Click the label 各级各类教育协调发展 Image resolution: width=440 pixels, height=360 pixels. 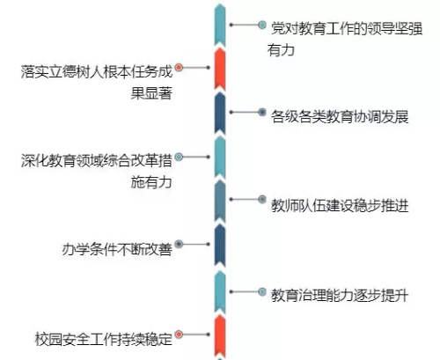[340, 116]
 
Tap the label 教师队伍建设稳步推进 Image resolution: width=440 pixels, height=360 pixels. [340, 206]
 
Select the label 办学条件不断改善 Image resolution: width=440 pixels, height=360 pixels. [117, 249]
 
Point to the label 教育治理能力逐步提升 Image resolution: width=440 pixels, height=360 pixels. [340, 295]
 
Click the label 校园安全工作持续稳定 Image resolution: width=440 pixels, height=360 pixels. [103, 339]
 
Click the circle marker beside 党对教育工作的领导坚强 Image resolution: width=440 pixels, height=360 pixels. [262, 25]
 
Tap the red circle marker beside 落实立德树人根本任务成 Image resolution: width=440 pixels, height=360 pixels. [179, 68]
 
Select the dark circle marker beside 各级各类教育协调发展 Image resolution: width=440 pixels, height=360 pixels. [262, 112]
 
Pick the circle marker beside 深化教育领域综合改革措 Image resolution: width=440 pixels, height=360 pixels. [179, 157]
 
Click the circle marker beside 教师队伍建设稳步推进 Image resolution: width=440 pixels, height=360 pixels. [262, 199]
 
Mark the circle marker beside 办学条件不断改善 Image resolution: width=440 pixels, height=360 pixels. [179, 244]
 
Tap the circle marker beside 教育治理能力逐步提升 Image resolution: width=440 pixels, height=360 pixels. [262, 292]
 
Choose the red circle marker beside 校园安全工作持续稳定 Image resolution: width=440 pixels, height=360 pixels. [179, 334]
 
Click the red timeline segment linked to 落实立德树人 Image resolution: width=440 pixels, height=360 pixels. [220, 70]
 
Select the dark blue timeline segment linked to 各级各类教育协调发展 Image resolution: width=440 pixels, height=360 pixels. [220, 114]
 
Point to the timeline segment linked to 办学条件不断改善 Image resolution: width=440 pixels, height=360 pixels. [220, 246]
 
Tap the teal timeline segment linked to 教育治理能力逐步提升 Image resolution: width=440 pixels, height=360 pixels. [220, 292]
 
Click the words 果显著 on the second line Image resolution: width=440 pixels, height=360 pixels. [151, 93]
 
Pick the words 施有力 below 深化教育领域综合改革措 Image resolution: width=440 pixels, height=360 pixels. [151, 182]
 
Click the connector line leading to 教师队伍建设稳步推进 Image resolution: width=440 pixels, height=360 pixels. [245, 199]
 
